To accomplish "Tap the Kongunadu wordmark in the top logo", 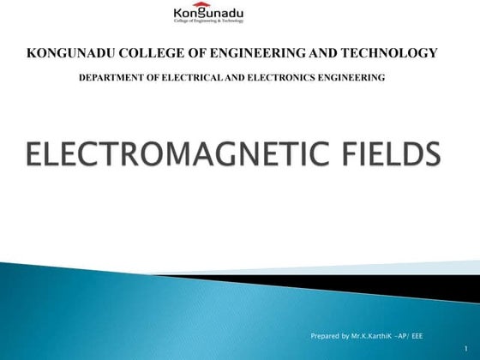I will click(x=209, y=15).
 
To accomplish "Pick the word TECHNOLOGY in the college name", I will click(x=391, y=53).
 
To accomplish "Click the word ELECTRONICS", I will click(x=270, y=78).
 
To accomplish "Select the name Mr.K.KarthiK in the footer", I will click(x=371, y=335).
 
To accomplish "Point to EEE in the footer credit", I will click(x=417, y=335).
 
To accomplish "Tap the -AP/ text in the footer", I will click(x=402, y=335).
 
